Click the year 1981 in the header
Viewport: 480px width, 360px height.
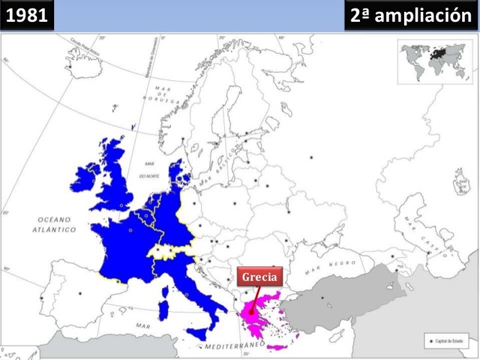click(28, 15)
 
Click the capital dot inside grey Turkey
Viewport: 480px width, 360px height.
click(322, 299)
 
